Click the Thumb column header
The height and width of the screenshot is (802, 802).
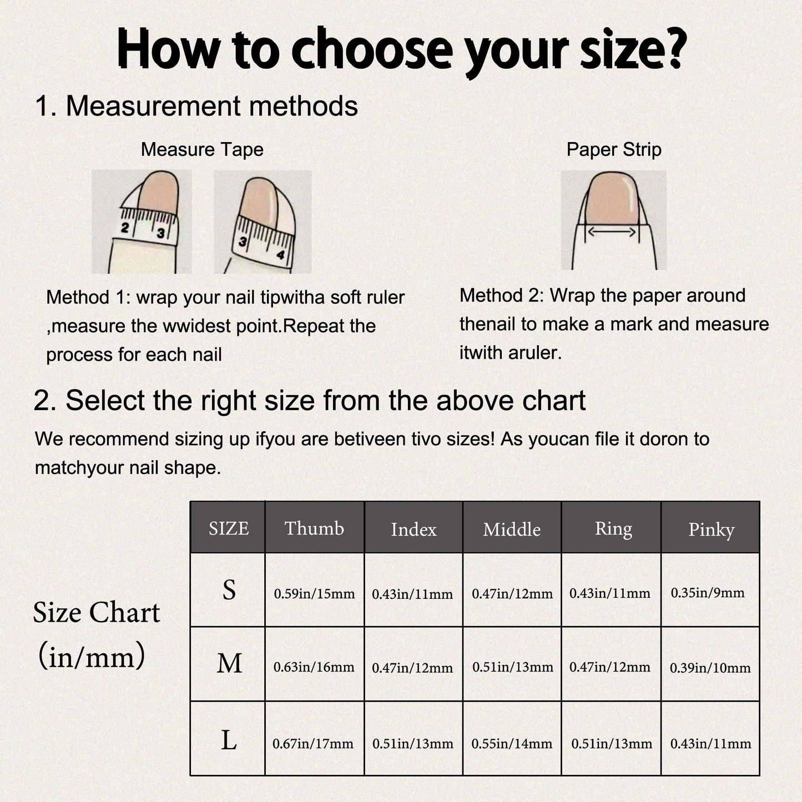[314, 528]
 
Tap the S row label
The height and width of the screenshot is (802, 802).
[229, 590]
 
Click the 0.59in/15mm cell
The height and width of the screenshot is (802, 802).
[314, 593]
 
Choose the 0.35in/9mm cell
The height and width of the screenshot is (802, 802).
[708, 593]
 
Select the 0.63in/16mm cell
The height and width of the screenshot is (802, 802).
[314, 667]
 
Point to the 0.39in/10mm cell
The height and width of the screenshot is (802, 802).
[710, 668]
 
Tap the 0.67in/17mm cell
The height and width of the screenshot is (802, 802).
[313, 743]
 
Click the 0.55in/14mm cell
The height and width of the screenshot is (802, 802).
[512, 743]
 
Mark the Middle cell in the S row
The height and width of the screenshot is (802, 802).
[512, 593]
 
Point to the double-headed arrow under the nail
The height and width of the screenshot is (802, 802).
[611, 231]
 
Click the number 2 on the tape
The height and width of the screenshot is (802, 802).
[124, 228]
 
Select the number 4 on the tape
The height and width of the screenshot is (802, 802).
[280, 254]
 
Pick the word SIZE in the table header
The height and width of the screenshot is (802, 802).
[229, 528]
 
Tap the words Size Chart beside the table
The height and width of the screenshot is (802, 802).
[97, 613]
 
